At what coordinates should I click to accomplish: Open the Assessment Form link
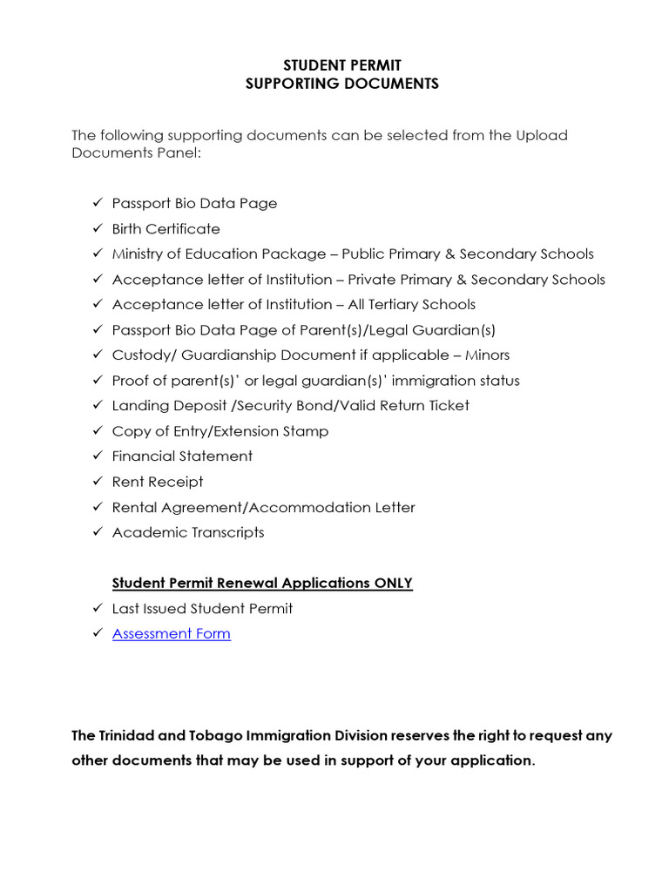point(172,634)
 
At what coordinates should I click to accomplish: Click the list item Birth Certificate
point(166,229)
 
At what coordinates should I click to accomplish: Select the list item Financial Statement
point(182,456)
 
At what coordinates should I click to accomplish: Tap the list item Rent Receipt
point(158,482)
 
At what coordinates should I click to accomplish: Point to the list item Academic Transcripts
point(188,532)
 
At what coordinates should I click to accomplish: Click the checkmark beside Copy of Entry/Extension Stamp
point(97,431)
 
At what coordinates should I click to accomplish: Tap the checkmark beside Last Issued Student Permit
point(97,609)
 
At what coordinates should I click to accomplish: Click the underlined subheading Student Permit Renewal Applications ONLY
point(262,584)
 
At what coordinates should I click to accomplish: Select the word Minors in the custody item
point(487,355)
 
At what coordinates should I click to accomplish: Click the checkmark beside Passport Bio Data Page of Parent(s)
point(97,330)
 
